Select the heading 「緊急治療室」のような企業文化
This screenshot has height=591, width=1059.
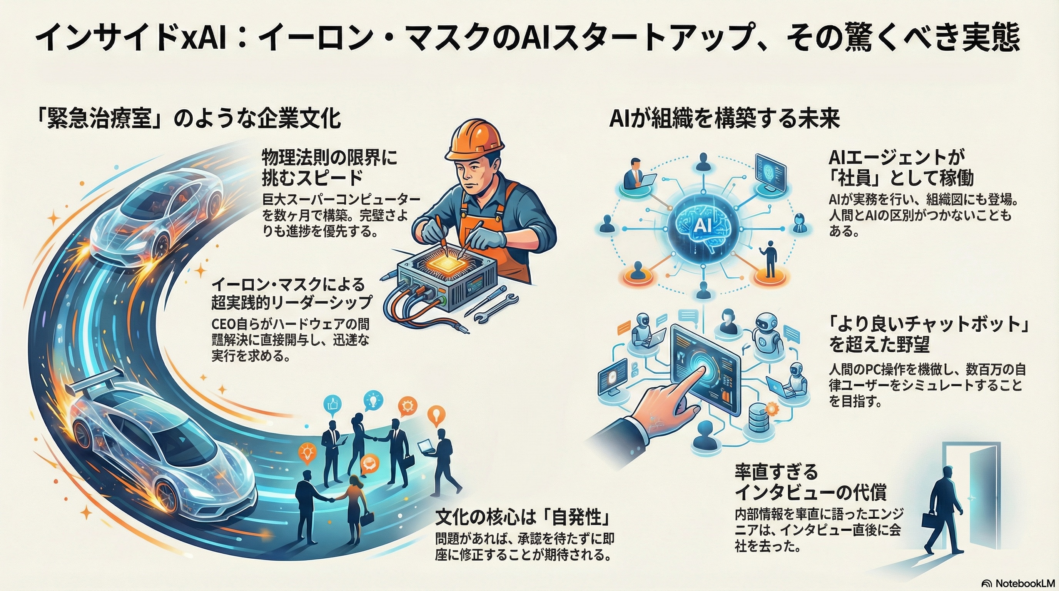tap(189, 119)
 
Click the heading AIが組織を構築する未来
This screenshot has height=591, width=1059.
tap(724, 119)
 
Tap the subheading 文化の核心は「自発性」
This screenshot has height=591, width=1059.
tap(522, 518)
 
